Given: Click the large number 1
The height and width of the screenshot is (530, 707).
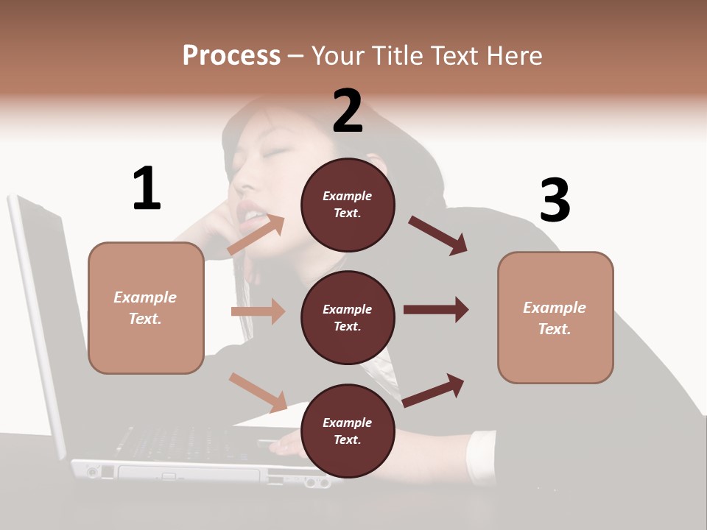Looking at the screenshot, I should point(147,189).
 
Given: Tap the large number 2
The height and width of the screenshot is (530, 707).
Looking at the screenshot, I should point(348,111).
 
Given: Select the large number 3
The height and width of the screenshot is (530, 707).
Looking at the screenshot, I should point(555,201).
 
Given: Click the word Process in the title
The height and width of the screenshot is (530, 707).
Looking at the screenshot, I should point(231,55).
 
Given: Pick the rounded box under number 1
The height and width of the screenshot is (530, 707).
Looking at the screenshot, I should point(146,308).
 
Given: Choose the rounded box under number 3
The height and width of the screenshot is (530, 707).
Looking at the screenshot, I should point(555,317).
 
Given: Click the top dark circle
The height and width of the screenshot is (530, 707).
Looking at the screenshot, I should point(348,204).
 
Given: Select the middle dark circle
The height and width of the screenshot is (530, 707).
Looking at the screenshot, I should point(348,317).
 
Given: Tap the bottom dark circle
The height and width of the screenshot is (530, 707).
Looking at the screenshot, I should point(348,431).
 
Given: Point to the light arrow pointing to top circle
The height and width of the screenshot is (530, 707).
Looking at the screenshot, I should point(256,236).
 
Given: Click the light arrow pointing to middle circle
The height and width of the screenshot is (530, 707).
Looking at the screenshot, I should point(258,311).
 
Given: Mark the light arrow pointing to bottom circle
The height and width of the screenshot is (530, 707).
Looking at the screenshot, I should point(258,391).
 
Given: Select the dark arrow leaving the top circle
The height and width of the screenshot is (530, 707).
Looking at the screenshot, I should point(437,236).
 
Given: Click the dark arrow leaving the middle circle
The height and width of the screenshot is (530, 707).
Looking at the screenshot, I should point(435,310).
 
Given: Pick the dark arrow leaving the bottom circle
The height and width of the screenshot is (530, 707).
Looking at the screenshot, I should point(434,390).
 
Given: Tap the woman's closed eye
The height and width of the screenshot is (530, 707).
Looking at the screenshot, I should point(273,152).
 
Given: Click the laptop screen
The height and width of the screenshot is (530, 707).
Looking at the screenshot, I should point(33,317).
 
